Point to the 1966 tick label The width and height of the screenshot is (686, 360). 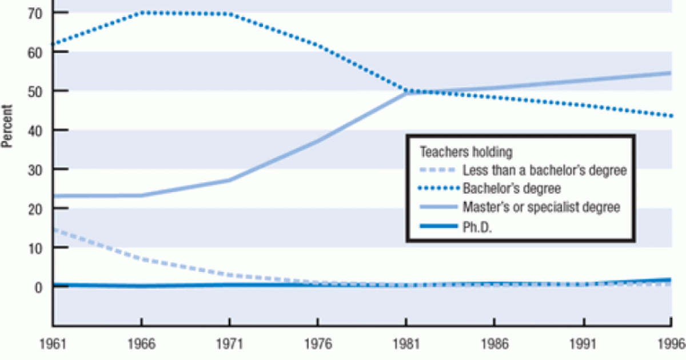(x=141, y=345)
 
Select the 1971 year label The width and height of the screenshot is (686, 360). (x=229, y=345)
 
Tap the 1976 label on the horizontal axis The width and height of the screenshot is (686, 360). (x=317, y=345)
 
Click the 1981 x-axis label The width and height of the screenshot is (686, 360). (x=405, y=345)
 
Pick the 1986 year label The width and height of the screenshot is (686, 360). (x=493, y=345)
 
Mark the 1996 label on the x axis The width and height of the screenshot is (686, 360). (x=672, y=345)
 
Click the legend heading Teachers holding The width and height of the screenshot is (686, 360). (x=466, y=153)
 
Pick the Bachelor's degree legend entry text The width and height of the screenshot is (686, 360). (x=503, y=189)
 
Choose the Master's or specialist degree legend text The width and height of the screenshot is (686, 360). (x=541, y=207)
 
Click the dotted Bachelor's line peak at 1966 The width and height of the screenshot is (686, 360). (x=141, y=12)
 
